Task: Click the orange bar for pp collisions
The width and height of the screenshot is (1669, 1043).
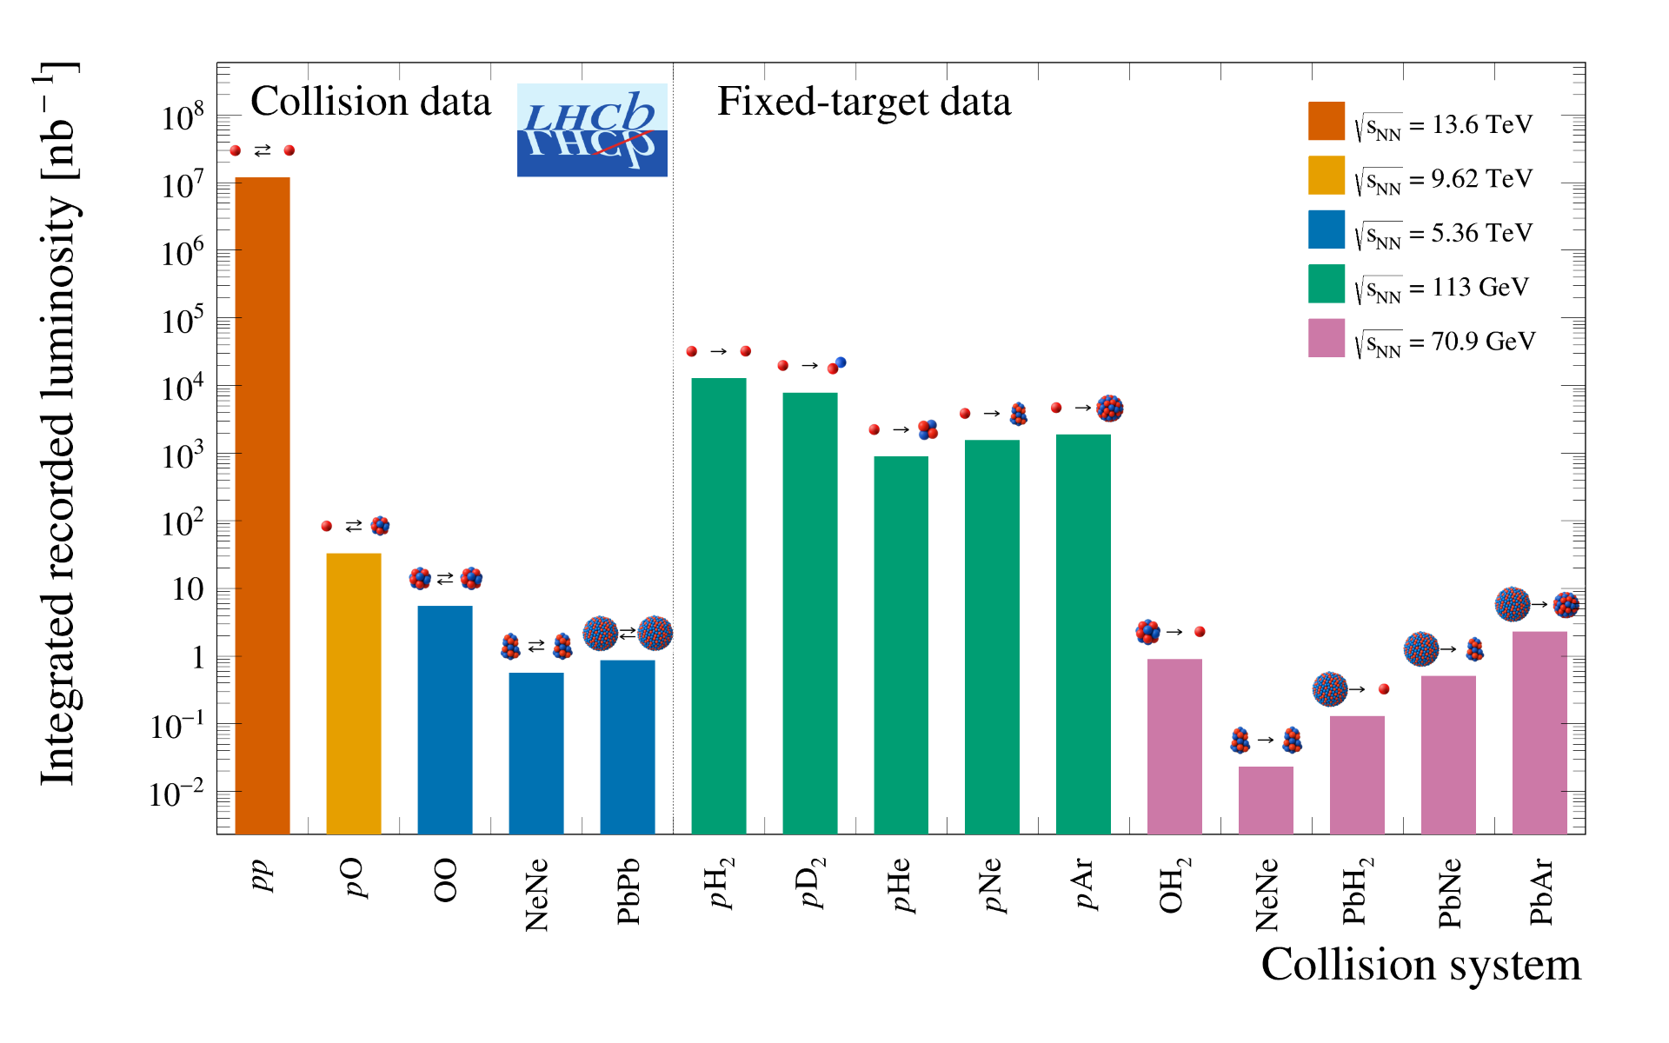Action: tap(263, 504)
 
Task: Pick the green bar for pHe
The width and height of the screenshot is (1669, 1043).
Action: tap(901, 644)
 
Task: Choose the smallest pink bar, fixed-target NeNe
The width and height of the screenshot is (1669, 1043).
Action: tap(1266, 800)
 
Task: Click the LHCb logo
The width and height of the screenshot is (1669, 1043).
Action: tap(592, 130)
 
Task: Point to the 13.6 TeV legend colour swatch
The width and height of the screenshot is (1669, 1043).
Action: tap(1326, 121)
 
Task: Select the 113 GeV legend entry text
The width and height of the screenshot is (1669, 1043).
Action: tap(1444, 288)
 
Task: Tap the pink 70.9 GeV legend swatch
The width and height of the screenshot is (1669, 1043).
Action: tap(1326, 338)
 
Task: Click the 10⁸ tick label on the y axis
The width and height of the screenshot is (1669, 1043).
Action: tap(183, 116)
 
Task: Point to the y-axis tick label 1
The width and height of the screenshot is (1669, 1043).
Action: tap(198, 658)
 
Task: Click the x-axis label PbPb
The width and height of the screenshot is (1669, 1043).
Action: tap(628, 891)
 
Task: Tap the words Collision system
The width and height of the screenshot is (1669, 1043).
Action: tap(1420, 965)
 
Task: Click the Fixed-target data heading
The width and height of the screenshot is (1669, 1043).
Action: tap(864, 102)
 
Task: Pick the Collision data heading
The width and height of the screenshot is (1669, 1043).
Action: tap(370, 102)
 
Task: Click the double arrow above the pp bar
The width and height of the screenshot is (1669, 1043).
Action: tap(263, 151)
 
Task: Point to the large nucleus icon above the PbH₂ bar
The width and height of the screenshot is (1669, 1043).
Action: tap(1330, 689)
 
